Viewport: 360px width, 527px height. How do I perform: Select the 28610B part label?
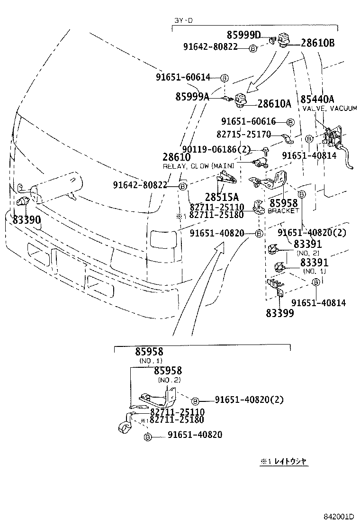tap(317, 43)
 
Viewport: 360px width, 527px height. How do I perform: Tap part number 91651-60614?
tap(187, 77)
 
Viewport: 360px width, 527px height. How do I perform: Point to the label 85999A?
tap(192, 96)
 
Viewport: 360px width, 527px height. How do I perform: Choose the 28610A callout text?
tap(274, 104)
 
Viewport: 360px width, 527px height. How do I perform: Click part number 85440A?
tap(317, 99)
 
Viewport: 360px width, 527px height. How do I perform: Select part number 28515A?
tap(222, 197)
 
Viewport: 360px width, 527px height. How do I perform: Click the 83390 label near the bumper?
tap(27, 220)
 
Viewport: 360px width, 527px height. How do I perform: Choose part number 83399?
tap(279, 313)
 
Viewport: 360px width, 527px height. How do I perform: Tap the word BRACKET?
tap(284, 210)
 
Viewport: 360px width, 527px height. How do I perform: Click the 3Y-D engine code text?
tap(183, 21)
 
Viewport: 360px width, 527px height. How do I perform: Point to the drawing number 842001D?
tap(340, 516)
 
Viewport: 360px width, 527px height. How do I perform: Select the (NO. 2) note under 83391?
tap(308, 254)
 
